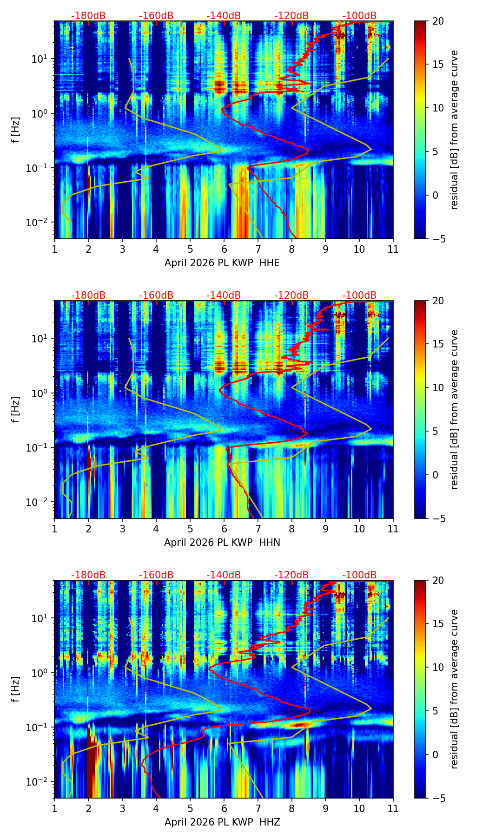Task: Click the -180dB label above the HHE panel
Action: click(88, 16)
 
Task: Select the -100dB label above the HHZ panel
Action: click(359, 575)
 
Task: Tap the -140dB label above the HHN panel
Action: click(224, 295)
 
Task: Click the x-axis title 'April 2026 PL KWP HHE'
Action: click(222, 263)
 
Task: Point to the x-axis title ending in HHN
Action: click(222, 543)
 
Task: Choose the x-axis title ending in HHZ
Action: click(222, 822)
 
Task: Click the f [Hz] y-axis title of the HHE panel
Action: click(16, 130)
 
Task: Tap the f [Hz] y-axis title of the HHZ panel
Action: click(16, 689)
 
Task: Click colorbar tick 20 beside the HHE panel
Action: click(438, 21)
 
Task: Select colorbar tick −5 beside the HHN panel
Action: click(438, 518)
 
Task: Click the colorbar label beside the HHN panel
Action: click(455, 409)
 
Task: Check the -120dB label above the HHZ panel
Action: click(291, 575)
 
